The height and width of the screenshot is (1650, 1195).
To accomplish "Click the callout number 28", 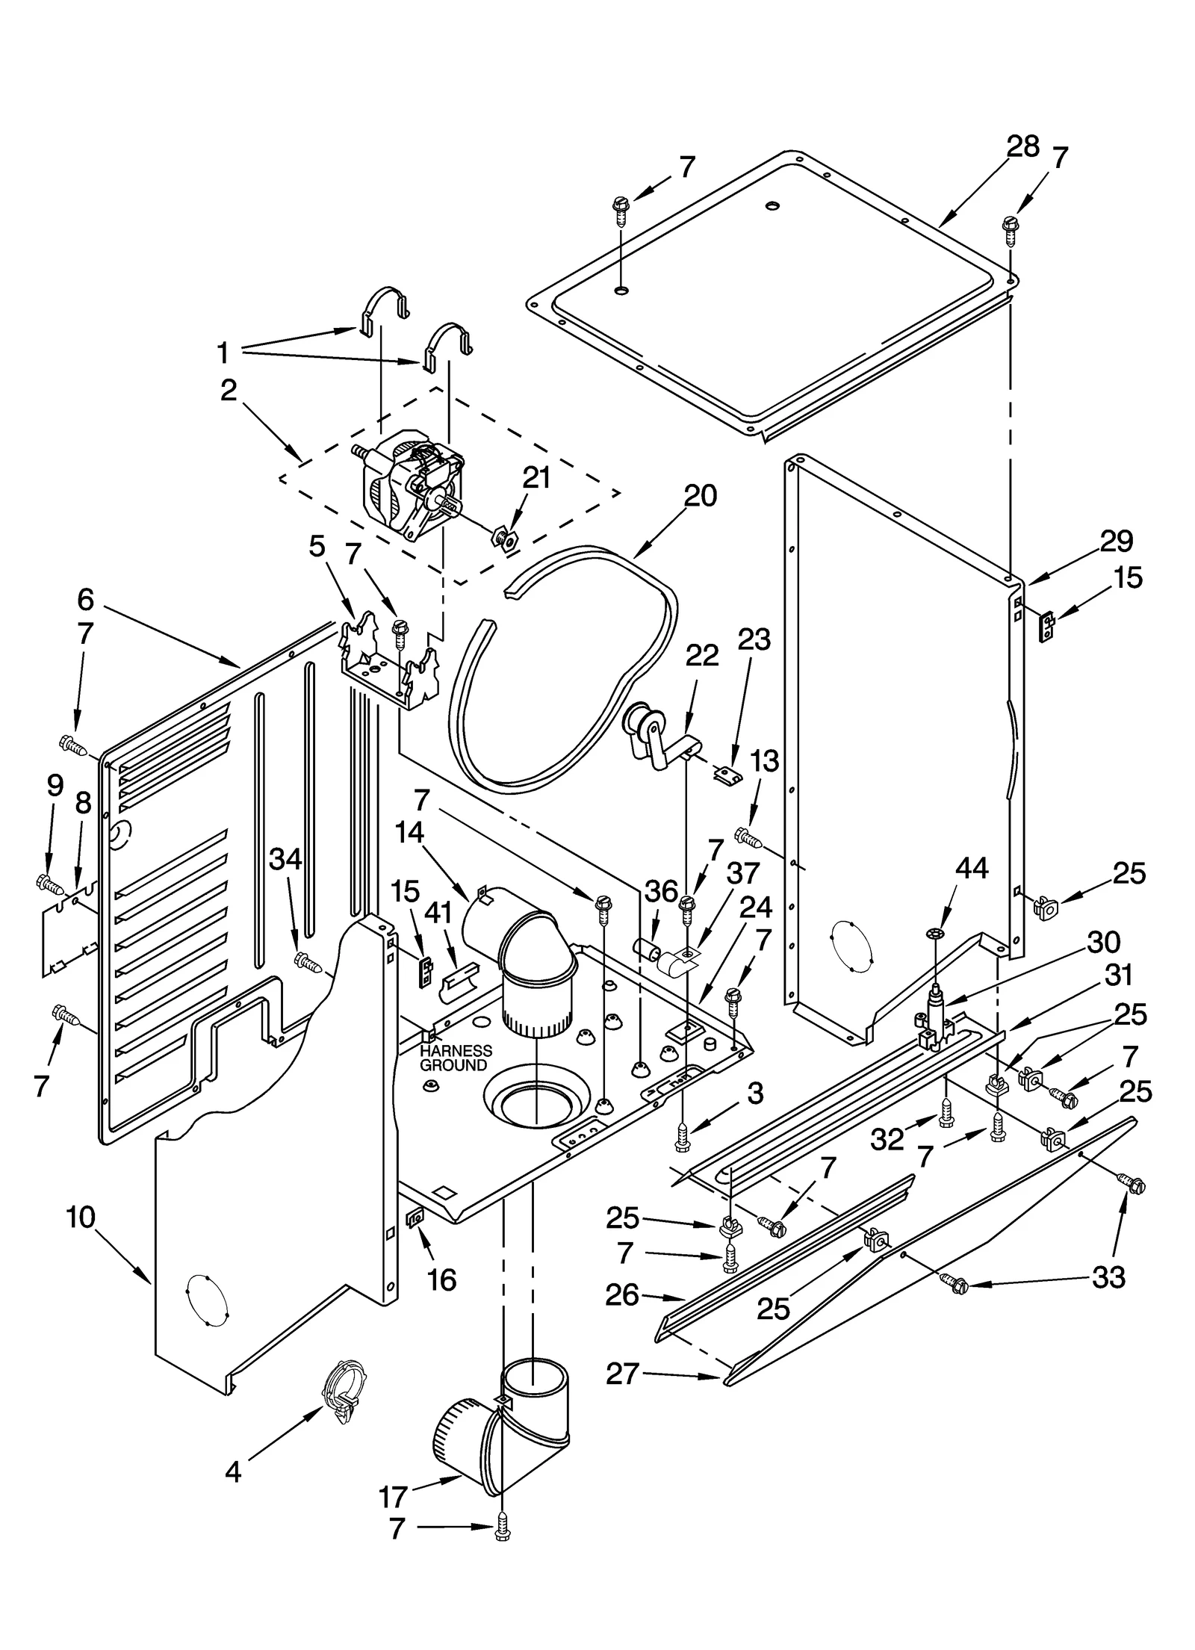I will click(x=1022, y=146).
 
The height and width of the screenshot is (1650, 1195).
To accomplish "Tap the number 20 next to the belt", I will click(x=700, y=495).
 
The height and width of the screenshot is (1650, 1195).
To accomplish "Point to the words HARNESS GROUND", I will click(x=456, y=1058).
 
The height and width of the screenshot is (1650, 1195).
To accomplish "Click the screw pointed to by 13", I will click(x=748, y=838).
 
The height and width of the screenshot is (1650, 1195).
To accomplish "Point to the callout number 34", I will click(x=285, y=860).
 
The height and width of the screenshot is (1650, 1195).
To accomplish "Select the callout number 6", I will click(x=85, y=598).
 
